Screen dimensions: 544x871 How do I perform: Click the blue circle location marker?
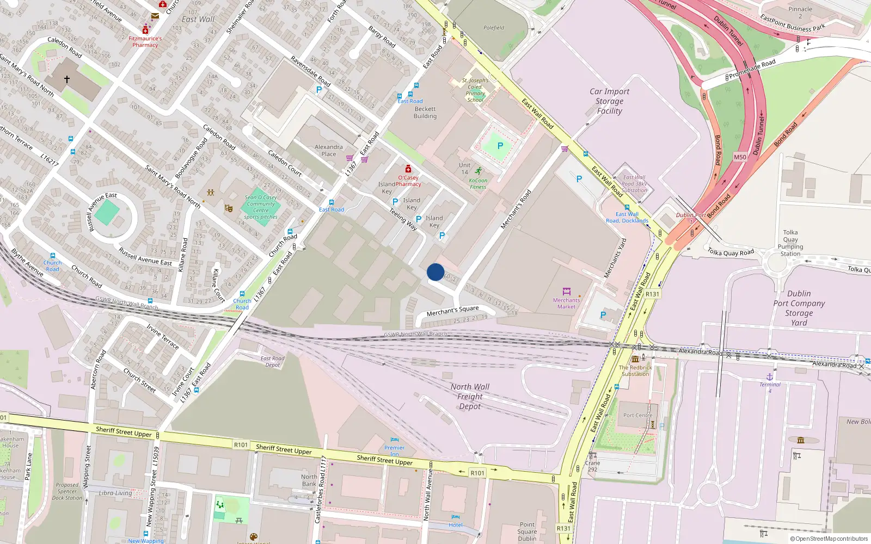[x=436, y=272]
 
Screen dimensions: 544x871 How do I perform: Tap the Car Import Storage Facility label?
[x=609, y=101]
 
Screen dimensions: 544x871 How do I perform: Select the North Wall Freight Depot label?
[x=470, y=397]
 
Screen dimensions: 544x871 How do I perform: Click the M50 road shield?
[x=740, y=157]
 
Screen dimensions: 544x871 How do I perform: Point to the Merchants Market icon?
[x=566, y=292]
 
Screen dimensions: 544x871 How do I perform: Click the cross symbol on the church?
[x=67, y=79]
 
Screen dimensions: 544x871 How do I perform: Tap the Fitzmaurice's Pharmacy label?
[x=145, y=42]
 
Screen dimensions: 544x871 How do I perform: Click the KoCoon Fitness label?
[x=478, y=183]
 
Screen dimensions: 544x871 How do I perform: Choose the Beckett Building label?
[x=425, y=112]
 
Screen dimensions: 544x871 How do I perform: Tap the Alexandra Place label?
[x=329, y=150]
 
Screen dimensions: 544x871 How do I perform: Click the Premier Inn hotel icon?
[x=395, y=440]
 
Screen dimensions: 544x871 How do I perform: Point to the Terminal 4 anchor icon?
[x=770, y=376]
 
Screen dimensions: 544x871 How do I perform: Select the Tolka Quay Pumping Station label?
[x=790, y=243]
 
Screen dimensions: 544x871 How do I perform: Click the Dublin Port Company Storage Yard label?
[x=799, y=308]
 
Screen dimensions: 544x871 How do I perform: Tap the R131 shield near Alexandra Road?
[x=652, y=294]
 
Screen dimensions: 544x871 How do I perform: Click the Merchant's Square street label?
[x=452, y=311]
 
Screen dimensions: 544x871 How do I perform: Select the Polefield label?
[x=494, y=28]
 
